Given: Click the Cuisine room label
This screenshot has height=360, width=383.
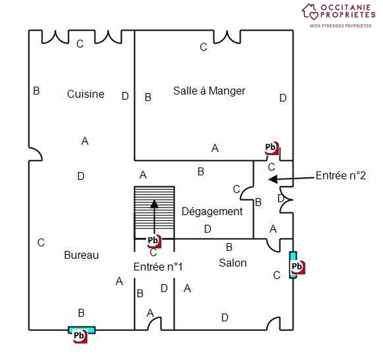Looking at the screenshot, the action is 86,95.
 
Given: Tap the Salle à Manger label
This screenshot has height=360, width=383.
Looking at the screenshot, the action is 210,91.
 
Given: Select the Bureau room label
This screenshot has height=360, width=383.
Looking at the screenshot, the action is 81,256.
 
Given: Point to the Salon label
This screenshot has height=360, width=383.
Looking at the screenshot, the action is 233,263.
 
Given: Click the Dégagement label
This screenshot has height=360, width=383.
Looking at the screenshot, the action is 212,212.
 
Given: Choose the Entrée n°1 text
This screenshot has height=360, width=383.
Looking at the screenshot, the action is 158,267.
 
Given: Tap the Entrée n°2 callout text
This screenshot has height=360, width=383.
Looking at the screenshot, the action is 341,175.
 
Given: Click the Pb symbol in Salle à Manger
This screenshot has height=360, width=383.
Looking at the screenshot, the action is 271,148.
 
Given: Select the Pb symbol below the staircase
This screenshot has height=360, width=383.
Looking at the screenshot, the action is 154,241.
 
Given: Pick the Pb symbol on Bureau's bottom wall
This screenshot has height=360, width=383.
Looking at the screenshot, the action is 80,336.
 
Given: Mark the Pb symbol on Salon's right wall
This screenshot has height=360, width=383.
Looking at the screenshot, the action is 298,267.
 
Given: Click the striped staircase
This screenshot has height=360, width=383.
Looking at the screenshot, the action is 154,208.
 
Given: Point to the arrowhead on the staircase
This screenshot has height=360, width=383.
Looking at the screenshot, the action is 154,204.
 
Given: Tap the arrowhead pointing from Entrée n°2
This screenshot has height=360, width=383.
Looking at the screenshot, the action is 273,179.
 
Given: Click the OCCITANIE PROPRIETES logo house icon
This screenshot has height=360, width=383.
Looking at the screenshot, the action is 310,12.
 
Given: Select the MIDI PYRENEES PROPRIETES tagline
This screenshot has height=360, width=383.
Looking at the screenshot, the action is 340,26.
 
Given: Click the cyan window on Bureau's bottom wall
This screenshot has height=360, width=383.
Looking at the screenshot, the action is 81,330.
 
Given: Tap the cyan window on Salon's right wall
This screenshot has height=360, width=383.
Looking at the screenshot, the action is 294,265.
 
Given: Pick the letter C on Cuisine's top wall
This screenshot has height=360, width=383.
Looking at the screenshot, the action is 80,44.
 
